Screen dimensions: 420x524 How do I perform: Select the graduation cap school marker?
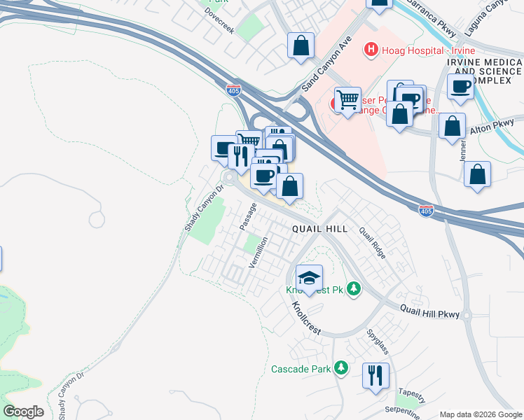(x=309, y=278)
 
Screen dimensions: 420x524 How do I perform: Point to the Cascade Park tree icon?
(x=341, y=367)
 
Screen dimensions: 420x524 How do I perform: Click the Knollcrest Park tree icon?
(x=354, y=288)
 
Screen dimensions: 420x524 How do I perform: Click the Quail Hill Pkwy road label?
(x=429, y=311)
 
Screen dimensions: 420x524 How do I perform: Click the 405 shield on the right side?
(x=427, y=209)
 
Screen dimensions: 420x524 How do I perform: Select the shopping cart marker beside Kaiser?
(x=347, y=100)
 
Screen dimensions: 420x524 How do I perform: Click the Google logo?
(x=23, y=412)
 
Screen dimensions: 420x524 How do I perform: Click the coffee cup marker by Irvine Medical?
(x=461, y=87)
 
